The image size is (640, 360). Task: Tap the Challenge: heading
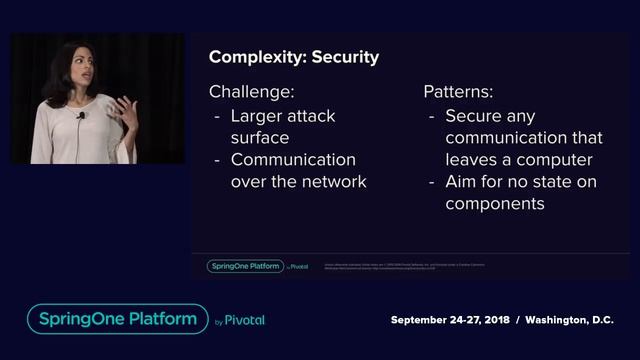[x=251, y=92]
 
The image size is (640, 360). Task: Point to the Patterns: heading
[x=457, y=92]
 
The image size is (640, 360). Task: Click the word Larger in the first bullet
[x=258, y=115]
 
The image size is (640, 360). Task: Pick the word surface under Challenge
[x=260, y=137]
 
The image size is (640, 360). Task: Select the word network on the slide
[x=332, y=181]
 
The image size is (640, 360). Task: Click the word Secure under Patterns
[x=471, y=115]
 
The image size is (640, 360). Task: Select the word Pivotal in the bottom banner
[x=245, y=321]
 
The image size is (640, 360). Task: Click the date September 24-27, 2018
[x=450, y=320]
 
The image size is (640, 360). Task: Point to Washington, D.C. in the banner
[x=570, y=320]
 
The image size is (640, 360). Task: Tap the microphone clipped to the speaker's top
[x=81, y=116]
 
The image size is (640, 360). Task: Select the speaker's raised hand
[x=125, y=107]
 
